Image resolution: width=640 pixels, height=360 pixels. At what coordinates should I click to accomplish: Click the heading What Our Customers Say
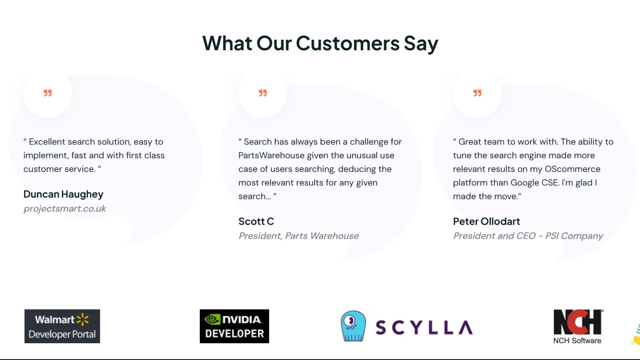(x=320, y=43)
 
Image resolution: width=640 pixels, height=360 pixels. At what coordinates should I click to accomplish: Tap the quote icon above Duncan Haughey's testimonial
(x=48, y=93)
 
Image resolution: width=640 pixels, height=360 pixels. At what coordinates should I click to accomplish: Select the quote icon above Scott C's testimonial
(x=263, y=93)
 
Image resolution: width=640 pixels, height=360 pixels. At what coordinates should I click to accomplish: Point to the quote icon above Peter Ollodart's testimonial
(x=477, y=93)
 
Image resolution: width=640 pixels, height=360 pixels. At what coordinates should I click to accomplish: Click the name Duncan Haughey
(x=63, y=194)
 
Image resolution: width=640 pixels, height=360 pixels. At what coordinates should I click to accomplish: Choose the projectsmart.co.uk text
(x=65, y=208)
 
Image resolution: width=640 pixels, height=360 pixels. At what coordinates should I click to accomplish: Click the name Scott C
(x=256, y=221)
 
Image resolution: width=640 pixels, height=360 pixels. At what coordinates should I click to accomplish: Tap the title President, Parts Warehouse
(x=298, y=236)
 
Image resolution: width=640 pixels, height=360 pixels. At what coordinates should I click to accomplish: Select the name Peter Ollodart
(x=486, y=221)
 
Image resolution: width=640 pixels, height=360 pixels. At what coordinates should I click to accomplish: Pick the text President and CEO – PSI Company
(x=528, y=236)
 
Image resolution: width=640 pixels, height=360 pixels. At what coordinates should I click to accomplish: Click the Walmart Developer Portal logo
(x=62, y=326)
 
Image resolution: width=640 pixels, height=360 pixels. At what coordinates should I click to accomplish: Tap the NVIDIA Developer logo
(x=234, y=326)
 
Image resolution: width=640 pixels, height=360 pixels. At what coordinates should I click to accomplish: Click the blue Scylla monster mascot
(x=353, y=326)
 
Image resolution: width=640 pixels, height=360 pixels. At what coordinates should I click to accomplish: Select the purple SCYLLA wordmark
(x=424, y=327)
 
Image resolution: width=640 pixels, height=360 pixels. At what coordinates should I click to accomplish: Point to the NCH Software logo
(x=578, y=326)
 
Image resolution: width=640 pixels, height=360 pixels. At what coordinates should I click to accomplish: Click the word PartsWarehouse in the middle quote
(x=272, y=155)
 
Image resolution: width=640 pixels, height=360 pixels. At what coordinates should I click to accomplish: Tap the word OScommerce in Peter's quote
(x=573, y=169)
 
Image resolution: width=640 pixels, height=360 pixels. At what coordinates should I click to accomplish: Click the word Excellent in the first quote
(x=47, y=142)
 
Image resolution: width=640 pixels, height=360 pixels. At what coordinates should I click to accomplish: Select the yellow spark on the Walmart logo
(x=83, y=319)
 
